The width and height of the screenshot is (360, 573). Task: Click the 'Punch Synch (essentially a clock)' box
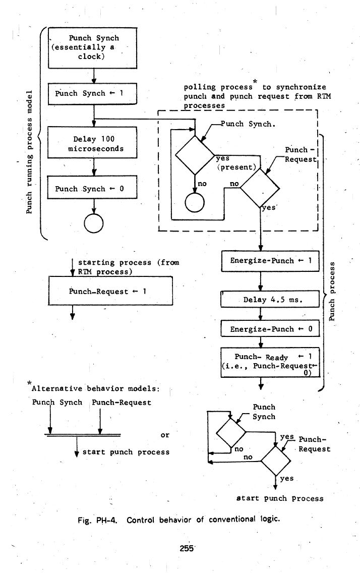click(93, 47)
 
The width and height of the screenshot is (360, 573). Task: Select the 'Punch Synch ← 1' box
click(93, 93)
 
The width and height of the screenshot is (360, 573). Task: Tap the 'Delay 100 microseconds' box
click(93, 143)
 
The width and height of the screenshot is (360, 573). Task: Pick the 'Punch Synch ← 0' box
click(93, 189)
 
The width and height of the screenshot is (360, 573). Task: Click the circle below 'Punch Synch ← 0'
click(94, 223)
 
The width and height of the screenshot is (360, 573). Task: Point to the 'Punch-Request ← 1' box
click(110, 291)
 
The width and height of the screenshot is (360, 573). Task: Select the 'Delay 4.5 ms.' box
click(270, 299)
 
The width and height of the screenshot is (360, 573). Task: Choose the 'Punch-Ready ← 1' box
click(270, 362)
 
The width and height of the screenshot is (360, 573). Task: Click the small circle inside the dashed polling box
click(195, 202)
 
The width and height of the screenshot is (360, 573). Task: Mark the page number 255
click(180, 549)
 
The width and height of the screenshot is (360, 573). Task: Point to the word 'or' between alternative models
click(164, 434)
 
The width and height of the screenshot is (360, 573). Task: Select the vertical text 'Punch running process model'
click(30, 152)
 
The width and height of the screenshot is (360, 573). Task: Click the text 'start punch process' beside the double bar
click(126, 452)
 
